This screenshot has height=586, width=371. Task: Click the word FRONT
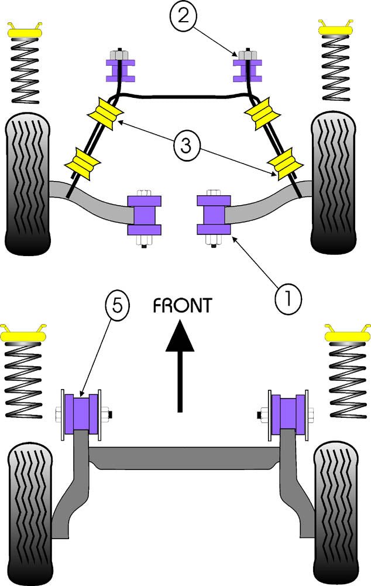click(182, 305)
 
